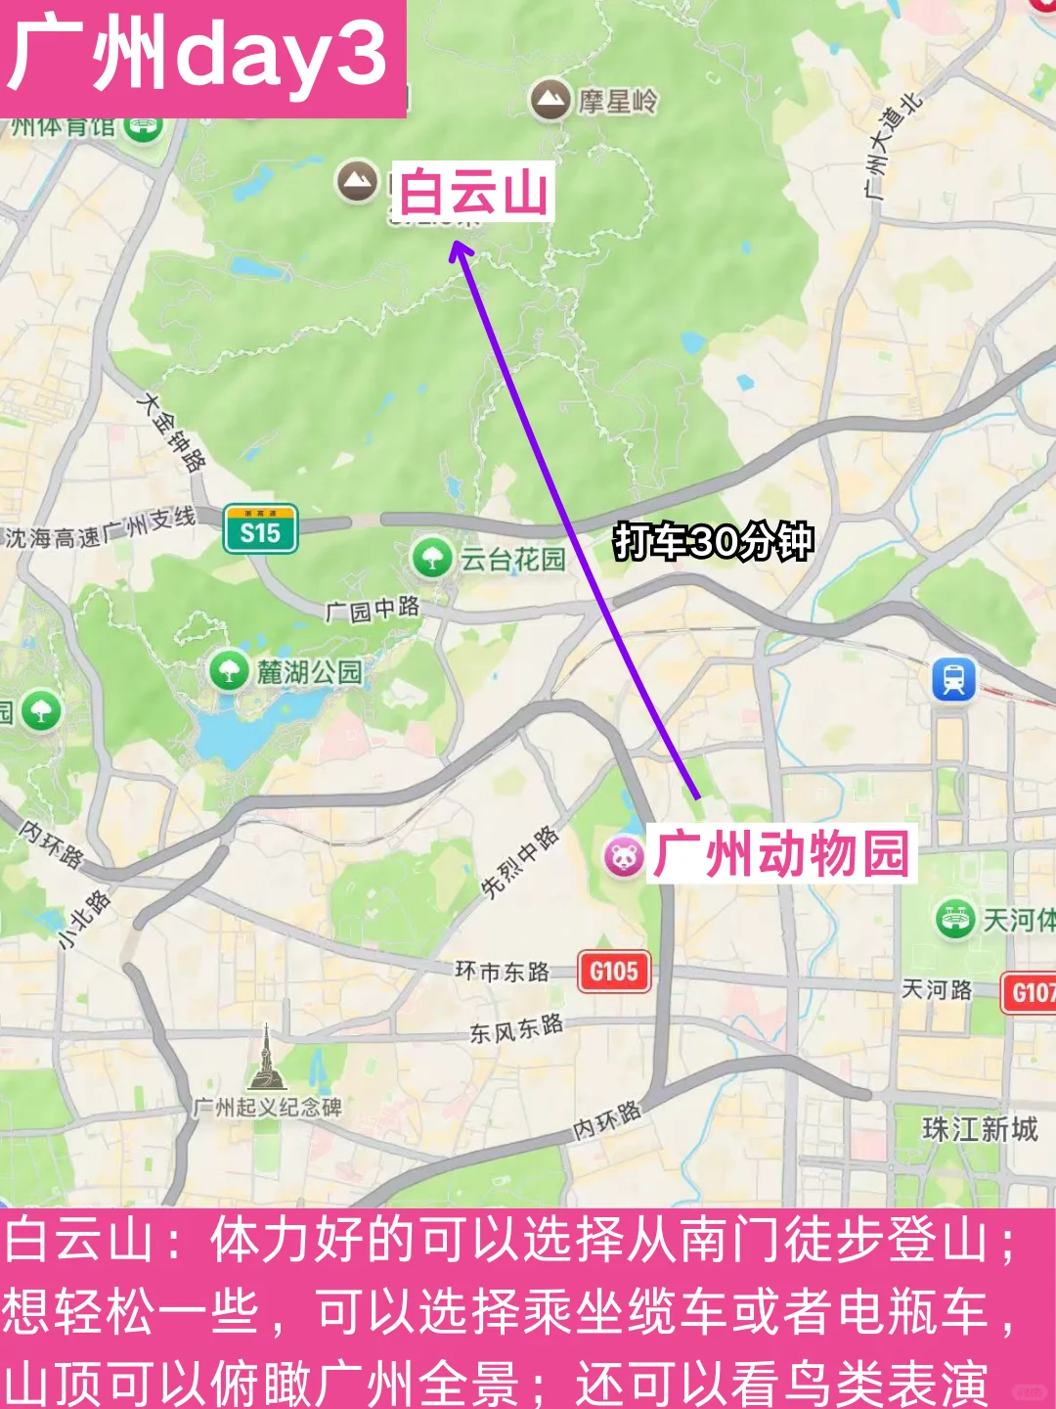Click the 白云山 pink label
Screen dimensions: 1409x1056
click(473, 192)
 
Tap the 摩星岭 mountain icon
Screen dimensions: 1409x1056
click(550, 99)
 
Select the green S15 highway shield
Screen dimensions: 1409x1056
click(260, 530)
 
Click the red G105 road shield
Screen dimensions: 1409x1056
click(613, 972)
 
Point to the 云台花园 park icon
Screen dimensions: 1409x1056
click(432, 558)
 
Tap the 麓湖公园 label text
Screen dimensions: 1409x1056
click(309, 672)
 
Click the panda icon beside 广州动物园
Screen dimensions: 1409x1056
click(623, 857)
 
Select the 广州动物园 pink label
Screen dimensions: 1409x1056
click(781, 854)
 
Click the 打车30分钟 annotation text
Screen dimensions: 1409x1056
click(713, 541)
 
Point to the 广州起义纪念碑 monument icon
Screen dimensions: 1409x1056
click(266, 1061)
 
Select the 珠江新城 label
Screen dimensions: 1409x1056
click(980, 1129)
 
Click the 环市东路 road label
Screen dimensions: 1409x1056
click(502, 971)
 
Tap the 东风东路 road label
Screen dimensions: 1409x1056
click(516, 1028)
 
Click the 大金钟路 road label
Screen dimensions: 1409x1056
click(173, 432)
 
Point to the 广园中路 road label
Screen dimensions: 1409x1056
click(373, 610)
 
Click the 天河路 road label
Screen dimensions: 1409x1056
click(937, 990)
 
